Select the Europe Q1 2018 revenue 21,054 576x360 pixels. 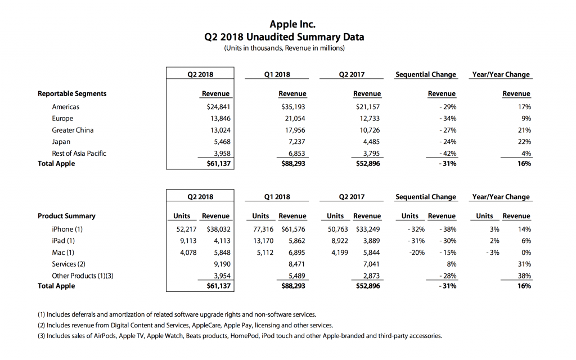(x=294, y=118)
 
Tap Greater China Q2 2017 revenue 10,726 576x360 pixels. (x=369, y=130)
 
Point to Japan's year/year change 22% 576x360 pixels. (x=524, y=141)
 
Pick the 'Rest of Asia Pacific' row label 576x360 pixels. (x=79, y=153)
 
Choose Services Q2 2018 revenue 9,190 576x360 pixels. (x=220, y=264)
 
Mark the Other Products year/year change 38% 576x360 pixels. (x=524, y=276)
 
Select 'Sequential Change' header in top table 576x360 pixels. (x=426, y=75)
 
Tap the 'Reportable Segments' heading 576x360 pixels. (x=72, y=94)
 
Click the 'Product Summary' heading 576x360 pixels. (x=66, y=216)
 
